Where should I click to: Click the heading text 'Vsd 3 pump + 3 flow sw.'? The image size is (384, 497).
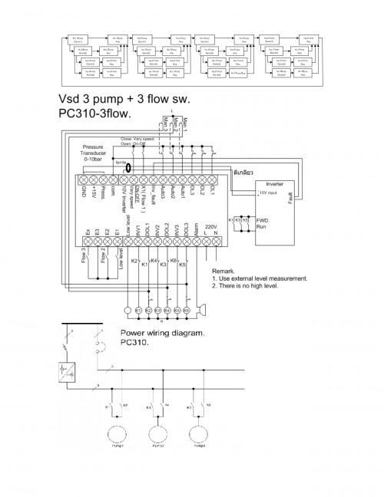pos(123,100)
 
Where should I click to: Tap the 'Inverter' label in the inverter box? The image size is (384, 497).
pos(273,184)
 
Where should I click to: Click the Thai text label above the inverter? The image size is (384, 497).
pos(266,173)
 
